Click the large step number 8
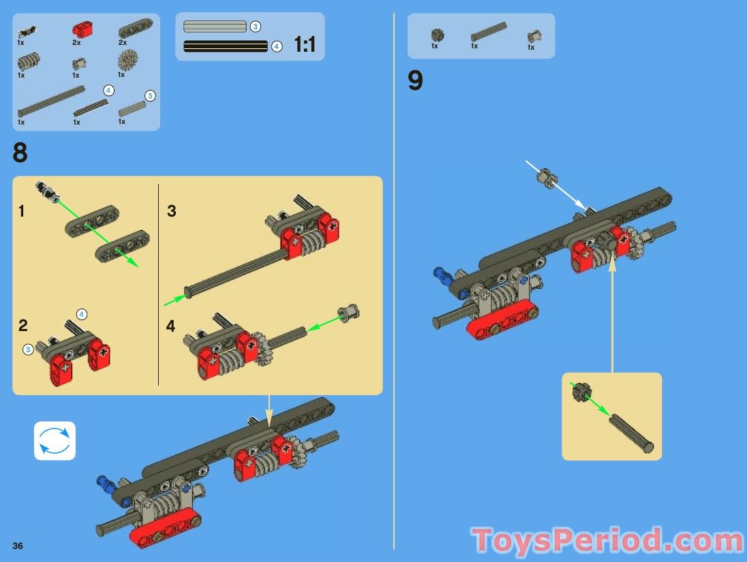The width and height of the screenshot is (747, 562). point(20,153)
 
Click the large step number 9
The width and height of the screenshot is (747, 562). point(415,81)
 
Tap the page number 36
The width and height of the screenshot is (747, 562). point(18,546)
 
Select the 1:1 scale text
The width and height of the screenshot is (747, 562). point(305,45)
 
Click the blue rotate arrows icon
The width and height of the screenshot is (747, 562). point(55,441)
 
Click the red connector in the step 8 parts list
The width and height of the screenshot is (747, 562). point(82,29)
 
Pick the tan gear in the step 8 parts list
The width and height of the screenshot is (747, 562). point(127,62)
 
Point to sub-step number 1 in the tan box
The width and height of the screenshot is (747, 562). point(21,211)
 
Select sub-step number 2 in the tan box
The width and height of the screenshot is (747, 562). point(23,326)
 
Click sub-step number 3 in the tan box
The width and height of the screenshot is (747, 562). point(172,211)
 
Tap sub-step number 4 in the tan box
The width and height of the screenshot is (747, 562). point(170,326)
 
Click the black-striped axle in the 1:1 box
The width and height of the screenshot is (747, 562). point(226,46)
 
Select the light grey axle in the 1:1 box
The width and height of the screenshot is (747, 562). point(215,27)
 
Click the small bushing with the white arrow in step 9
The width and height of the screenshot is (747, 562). point(545,178)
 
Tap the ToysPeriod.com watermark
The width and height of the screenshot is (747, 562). point(607,542)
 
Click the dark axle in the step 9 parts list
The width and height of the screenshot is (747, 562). point(489,32)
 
